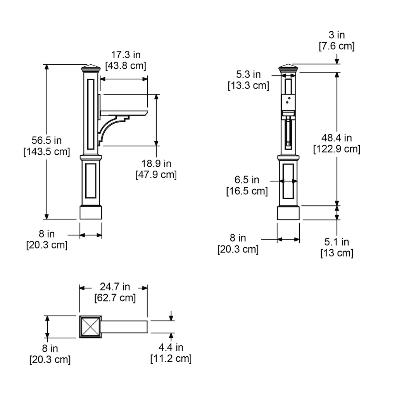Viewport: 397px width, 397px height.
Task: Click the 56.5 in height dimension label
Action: [47, 140]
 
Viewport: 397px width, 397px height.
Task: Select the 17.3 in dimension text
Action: [126, 55]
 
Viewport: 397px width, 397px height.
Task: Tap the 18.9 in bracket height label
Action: [156, 164]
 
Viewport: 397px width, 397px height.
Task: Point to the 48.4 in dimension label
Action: [337, 138]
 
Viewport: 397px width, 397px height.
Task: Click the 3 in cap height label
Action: [337, 35]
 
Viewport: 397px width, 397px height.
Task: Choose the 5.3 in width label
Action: [249, 74]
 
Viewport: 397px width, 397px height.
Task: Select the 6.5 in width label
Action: [247, 180]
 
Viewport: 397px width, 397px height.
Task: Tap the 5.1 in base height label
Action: [337, 242]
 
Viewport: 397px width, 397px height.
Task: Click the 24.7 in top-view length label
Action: [115, 287]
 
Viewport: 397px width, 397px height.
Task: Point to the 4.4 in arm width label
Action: [171, 347]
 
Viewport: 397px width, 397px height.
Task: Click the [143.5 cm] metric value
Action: [47, 152]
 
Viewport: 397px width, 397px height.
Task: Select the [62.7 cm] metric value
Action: [115, 298]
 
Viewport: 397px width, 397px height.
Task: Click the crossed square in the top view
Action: [90, 326]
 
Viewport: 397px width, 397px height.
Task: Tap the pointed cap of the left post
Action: [91, 67]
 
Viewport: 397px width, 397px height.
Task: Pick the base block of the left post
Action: [91, 212]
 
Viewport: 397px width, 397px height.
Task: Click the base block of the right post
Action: [288, 213]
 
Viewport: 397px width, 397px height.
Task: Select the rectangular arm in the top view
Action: [124, 327]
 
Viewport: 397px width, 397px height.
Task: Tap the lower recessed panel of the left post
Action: [91, 181]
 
